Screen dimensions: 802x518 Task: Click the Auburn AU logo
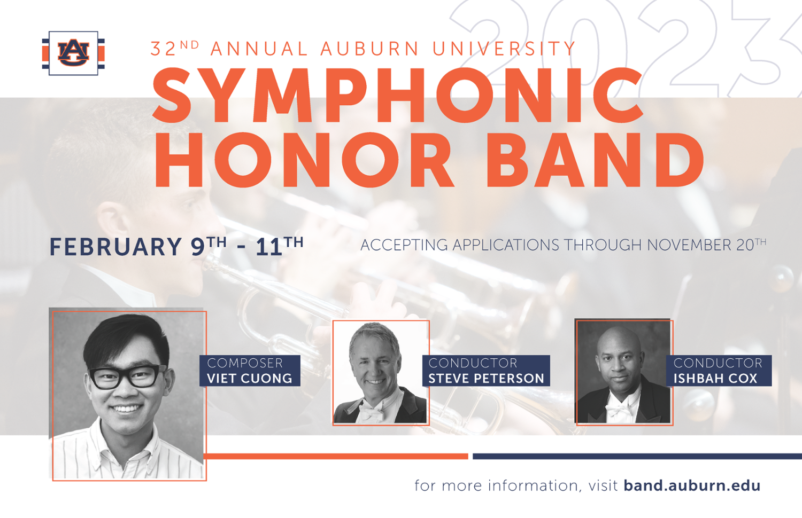(73, 53)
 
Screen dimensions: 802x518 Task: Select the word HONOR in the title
(304, 160)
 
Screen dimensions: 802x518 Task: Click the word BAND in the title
(595, 160)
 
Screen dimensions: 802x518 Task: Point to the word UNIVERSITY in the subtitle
(504, 49)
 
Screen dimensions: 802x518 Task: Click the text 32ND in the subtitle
(175, 49)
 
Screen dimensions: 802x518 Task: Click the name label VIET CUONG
(250, 378)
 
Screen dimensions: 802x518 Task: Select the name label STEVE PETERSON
(486, 378)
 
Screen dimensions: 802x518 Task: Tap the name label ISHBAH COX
(715, 378)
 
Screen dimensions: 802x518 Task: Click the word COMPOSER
(245, 363)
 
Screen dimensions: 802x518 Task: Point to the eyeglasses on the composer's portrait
(127, 376)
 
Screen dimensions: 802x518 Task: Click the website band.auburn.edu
(692, 485)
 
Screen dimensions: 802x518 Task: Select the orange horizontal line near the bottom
(336, 456)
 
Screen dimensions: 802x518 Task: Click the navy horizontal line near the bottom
(637, 456)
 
